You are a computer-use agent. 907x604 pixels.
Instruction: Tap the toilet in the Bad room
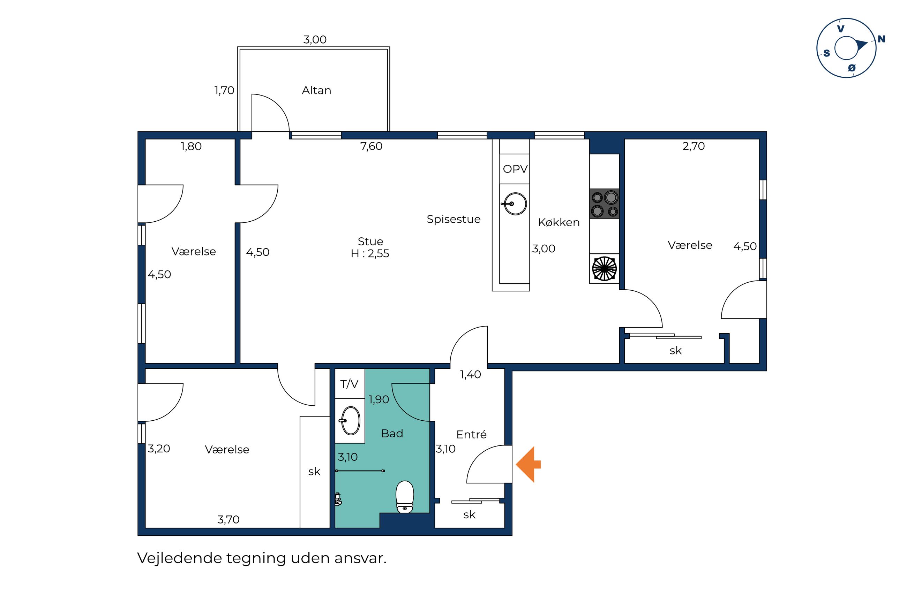tap(405, 497)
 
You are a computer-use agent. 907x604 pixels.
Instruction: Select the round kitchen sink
tap(515, 204)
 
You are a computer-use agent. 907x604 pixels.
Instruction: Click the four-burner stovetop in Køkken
tap(604, 204)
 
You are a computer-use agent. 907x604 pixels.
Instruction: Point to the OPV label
tap(515, 169)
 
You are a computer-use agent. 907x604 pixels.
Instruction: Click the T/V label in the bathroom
tap(349, 384)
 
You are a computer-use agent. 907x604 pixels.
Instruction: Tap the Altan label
tap(316, 90)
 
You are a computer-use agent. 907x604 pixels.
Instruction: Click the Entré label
tap(471, 435)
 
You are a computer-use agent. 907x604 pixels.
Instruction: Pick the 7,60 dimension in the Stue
tap(371, 146)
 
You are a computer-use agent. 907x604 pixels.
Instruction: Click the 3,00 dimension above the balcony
tap(315, 39)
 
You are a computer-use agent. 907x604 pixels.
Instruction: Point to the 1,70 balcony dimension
tap(224, 90)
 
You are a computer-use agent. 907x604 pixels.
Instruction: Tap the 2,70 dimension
tap(694, 146)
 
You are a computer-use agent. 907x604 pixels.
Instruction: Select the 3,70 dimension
tap(228, 520)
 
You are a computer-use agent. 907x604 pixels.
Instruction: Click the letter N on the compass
tap(881, 39)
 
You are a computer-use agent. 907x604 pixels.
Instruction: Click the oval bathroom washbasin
tap(350, 421)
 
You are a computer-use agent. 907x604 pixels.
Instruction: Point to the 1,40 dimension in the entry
tap(471, 374)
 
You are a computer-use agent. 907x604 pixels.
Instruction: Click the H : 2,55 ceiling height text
tap(370, 253)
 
